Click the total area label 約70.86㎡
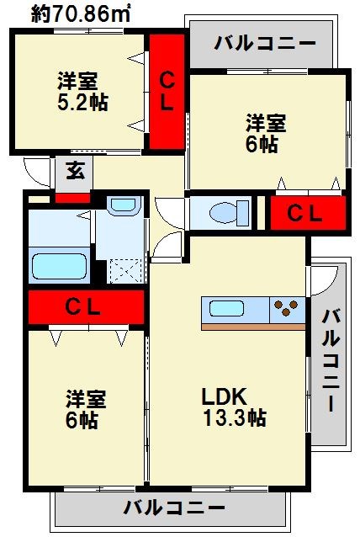tap(81, 14)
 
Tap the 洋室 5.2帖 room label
tap(82, 92)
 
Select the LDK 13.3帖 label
tap(234, 407)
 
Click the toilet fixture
tap(229, 213)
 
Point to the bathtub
tap(59, 267)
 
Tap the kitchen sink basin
tap(226, 309)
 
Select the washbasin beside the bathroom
tap(123, 205)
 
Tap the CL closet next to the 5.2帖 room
tap(167, 92)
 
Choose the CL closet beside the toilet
tap(308, 213)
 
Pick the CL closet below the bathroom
tap(86, 307)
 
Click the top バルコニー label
tap(264, 44)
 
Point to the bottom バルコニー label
tap(174, 508)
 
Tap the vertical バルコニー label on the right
tap(331, 360)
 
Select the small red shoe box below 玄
tap(73, 199)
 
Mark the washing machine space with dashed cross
tap(126, 271)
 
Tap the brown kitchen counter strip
tap(253, 327)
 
